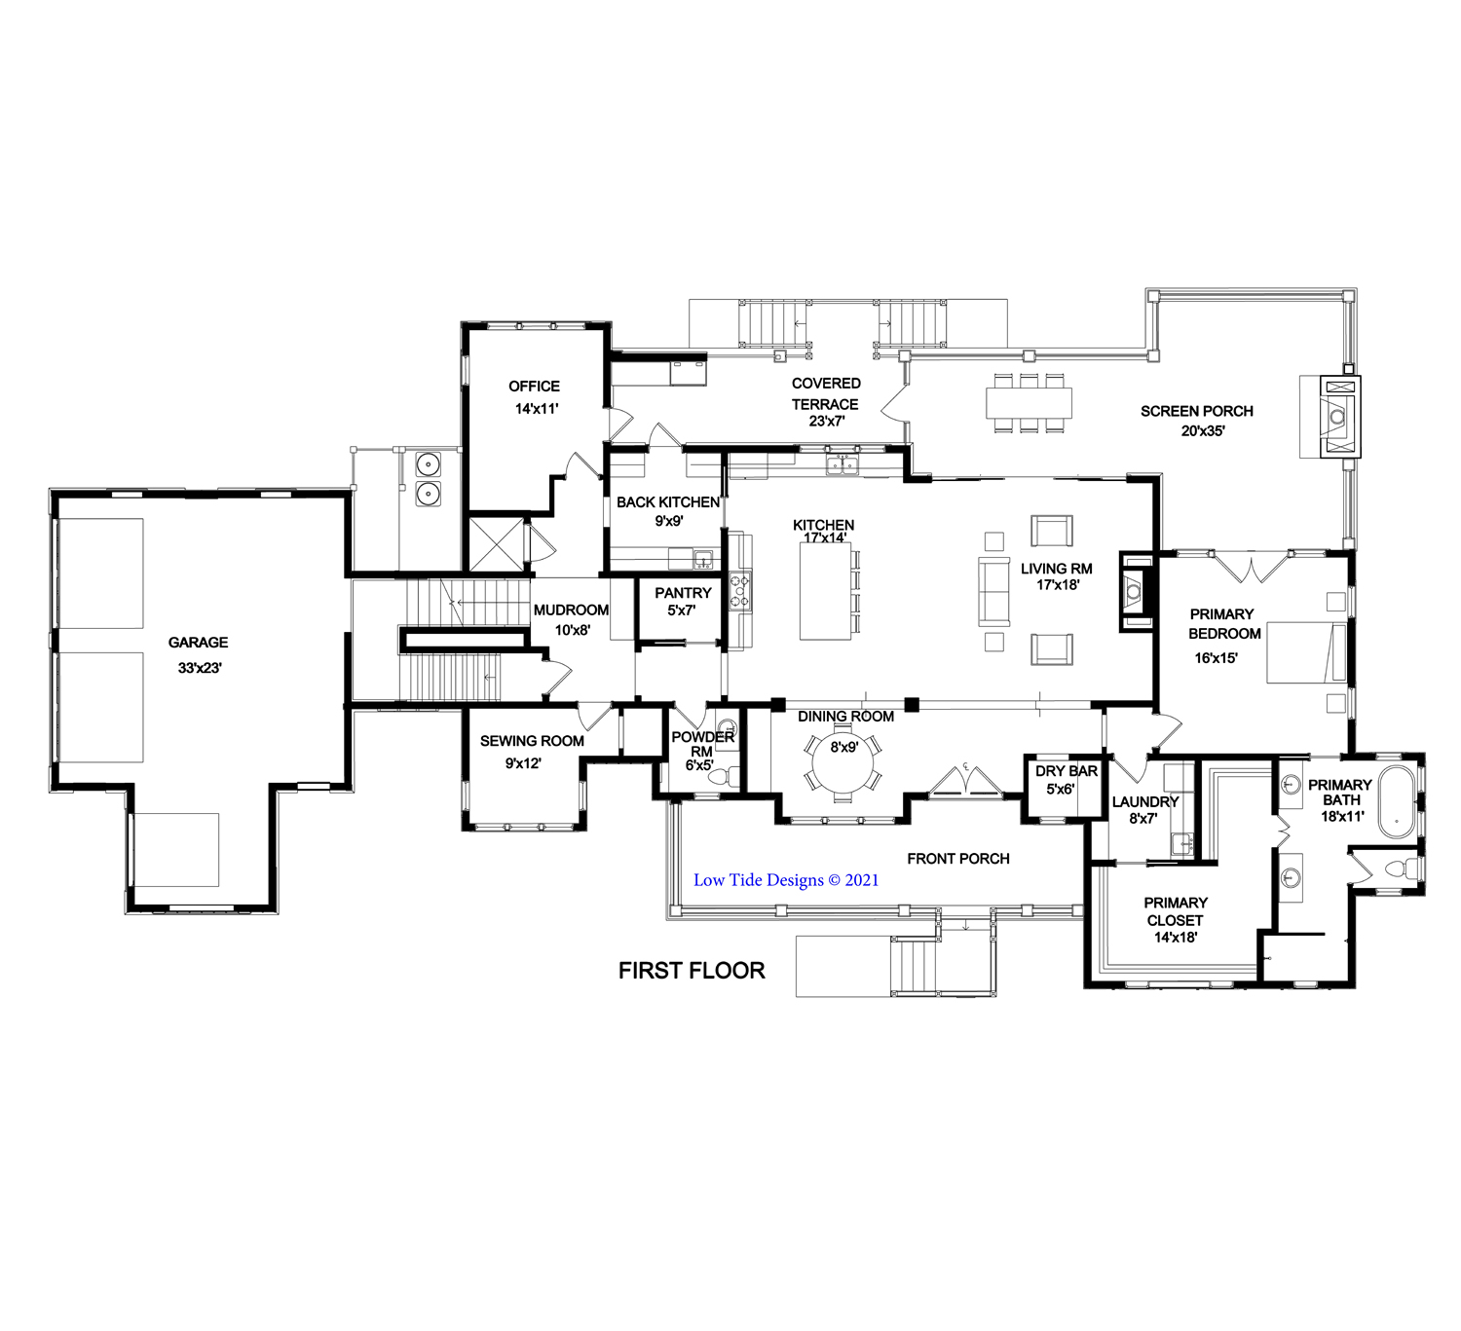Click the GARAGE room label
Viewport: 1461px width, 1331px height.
198,643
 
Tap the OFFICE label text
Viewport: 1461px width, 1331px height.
534,386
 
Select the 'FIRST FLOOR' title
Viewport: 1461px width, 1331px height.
692,971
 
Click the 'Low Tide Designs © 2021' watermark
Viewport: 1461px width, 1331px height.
786,880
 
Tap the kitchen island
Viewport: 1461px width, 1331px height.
825,592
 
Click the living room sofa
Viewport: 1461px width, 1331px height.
993,592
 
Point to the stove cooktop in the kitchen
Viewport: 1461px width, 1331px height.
740,590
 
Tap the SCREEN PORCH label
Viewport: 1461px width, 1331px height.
1197,412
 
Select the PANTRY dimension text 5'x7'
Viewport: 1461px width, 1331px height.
682,610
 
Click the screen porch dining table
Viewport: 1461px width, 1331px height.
1030,403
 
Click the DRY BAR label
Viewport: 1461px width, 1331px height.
1067,771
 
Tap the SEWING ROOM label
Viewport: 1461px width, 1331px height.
532,741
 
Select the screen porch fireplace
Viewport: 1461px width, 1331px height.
1338,417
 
